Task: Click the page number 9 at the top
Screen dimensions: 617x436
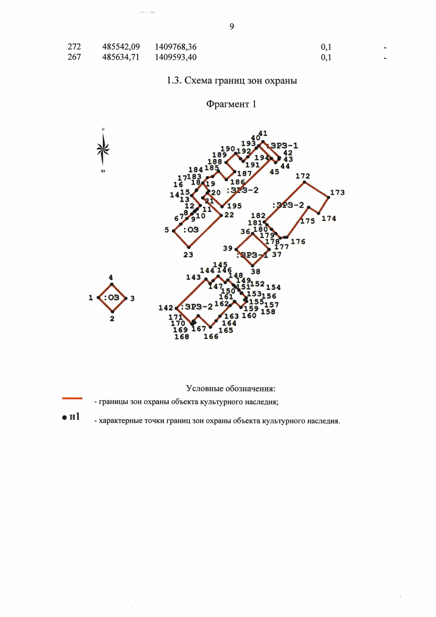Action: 232,27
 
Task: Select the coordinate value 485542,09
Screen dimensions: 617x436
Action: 121,47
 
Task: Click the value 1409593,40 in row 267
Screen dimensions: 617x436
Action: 175,57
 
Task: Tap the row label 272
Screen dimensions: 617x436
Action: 74,47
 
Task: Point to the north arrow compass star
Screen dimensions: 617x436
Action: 103,149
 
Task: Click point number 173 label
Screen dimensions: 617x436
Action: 337,192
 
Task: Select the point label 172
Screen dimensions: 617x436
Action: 303,176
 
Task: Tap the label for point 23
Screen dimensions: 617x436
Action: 188,255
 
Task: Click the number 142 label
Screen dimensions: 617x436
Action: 166,308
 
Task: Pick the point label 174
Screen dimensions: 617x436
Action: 328,219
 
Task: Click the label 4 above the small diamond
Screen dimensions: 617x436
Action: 111,277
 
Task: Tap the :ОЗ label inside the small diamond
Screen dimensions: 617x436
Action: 112,297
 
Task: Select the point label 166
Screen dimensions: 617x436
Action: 211,336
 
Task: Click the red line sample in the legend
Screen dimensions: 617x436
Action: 72,398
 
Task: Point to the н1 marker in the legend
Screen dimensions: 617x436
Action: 71,417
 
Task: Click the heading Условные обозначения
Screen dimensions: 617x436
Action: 230,388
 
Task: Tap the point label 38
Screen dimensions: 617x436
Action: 255,271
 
